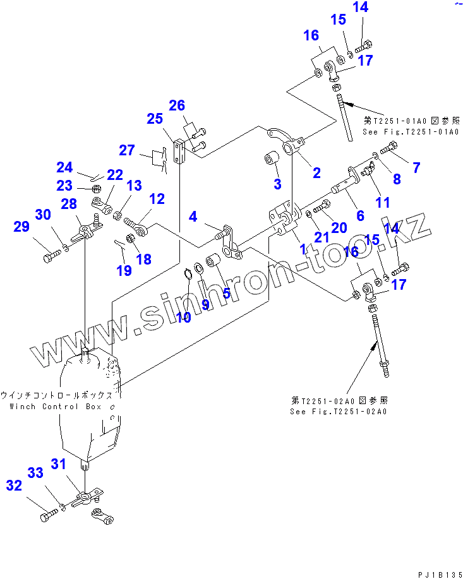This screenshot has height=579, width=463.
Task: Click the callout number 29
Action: pos(22,227)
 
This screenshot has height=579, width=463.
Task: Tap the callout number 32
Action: pos(14,485)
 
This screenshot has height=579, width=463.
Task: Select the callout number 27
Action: pos(128,150)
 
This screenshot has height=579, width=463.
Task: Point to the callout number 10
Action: pos(183,318)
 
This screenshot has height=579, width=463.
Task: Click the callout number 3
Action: pos(277,184)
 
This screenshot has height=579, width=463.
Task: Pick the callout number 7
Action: pos(416,168)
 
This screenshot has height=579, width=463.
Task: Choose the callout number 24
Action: pos(64,167)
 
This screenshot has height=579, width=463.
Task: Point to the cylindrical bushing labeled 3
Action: pos(273,157)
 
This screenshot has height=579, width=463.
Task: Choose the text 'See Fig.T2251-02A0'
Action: pos(339,411)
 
